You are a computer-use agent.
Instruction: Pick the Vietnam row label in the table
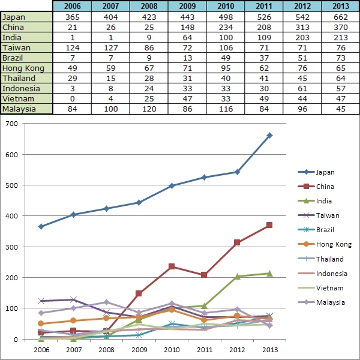click(x=27, y=98)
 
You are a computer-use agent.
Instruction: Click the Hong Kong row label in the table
click(x=27, y=68)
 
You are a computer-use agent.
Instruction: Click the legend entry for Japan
click(x=325, y=172)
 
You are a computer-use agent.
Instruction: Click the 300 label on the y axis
click(x=13, y=247)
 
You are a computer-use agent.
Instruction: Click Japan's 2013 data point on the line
click(x=269, y=135)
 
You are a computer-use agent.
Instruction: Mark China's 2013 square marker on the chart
click(x=269, y=225)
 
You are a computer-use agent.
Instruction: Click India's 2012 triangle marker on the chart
click(x=237, y=276)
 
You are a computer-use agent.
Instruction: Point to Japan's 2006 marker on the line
click(x=41, y=226)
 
